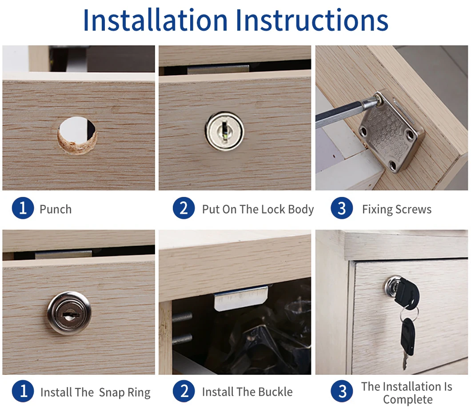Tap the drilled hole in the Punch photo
[x=78, y=133]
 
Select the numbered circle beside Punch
[x=23, y=209]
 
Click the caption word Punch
[x=56, y=209]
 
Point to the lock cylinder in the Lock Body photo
[x=224, y=131]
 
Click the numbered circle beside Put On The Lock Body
[x=184, y=209]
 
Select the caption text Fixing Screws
[x=396, y=209]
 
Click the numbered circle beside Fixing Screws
[x=342, y=209]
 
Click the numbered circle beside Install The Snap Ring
[x=23, y=392]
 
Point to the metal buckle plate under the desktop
[x=240, y=297]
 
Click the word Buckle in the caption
[x=273, y=392]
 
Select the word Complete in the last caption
[x=407, y=400]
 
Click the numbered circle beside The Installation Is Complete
[x=342, y=392]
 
